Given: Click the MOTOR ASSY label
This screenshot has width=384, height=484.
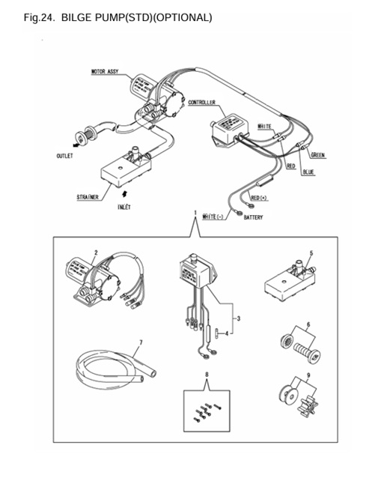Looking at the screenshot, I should (x=105, y=73).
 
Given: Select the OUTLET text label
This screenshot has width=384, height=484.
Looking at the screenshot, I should (x=64, y=157).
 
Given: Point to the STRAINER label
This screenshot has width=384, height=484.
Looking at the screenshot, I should (x=88, y=197).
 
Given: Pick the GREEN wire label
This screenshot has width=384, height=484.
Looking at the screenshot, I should (x=317, y=155).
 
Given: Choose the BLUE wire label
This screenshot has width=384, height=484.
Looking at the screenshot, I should (x=308, y=172).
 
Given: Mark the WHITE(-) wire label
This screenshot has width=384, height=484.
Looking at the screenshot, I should (x=216, y=217).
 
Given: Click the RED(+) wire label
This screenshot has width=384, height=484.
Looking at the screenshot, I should (x=260, y=198).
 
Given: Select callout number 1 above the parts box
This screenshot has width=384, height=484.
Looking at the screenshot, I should (x=195, y=213).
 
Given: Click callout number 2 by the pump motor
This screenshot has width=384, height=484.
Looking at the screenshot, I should (x=95, y=252).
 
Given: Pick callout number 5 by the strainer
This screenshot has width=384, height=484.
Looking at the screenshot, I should (x=311, y=253).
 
